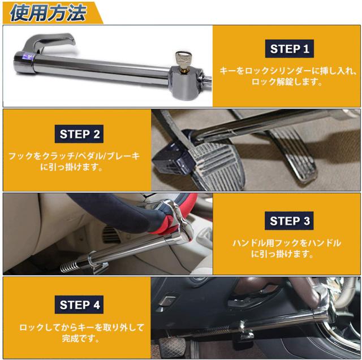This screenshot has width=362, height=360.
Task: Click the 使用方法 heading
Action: (48, 12)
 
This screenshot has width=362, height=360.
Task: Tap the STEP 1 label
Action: (290, 49)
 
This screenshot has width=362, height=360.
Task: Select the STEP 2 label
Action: (79, 134)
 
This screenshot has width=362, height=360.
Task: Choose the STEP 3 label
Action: (289, 221)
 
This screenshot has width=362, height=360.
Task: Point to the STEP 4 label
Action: (79, 305)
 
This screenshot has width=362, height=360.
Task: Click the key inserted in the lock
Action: (180, 60)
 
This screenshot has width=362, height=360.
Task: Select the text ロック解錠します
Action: (287, 81)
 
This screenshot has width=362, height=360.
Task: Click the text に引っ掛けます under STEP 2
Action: (72, 167)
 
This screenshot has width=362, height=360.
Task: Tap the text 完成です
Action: (81, 339)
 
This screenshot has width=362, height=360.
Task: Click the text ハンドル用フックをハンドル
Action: (287, 243)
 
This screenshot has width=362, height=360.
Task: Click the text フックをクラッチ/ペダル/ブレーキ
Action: (74, 156)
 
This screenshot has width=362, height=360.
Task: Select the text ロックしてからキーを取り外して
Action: (81, 327)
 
